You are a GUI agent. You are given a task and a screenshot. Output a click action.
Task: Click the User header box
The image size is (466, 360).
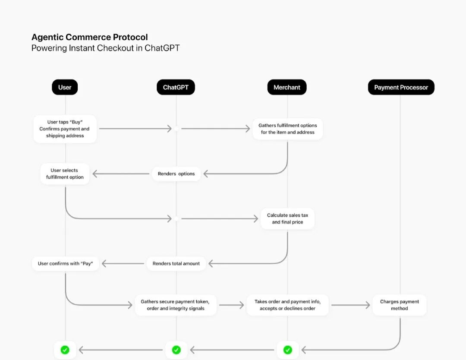pyautogui.click(x=65, y=87)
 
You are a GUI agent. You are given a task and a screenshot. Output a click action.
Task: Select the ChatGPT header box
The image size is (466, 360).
pyautogui.click(x=176, y=87)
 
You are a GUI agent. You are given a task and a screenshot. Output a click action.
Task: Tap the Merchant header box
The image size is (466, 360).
pyautogui.click(x=287, y=87)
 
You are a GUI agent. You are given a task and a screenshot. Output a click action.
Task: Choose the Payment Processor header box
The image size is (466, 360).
pyautogui.click(x=401, y=87)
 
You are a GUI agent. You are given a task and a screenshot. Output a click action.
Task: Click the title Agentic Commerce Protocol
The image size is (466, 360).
pyautogui.click(x=89, y=37)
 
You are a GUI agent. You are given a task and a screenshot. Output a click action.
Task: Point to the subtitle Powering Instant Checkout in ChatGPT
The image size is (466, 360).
pyautogui.click(x=106, y=48)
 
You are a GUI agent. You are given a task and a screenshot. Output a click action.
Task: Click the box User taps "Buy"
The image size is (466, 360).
pyautogui.click(x=65, y=129)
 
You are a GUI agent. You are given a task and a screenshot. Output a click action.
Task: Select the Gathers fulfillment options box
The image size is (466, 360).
pyautogui.click(x=287, y=129)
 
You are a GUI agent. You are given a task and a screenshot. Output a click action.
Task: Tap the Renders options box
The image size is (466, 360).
pyautogui.click(x=176, y=174)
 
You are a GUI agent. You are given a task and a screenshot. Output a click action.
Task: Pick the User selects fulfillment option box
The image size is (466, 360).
pyautogui.click(x=65, y=174)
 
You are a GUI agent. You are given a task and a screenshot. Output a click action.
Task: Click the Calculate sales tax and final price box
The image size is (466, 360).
pyautogui.click(x=287, y=218)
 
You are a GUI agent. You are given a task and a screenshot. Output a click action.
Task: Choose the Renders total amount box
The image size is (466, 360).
pyautogui.click(x=176, y=263)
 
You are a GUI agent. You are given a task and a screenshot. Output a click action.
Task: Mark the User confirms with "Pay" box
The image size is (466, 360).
pyautogui.click(x=66, y=263)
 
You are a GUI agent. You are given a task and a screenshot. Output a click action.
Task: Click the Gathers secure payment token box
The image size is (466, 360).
pyautogui.click(x=176, y=305)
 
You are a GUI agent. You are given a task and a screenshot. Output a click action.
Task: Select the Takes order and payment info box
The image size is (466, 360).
pyautogui.click(x=287, y=305)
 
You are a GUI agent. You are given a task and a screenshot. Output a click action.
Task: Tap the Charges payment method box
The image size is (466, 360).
pyautogui.click(x=400, y=305)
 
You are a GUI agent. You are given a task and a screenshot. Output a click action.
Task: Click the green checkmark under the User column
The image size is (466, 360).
pyautogui.click(x=65, y=350)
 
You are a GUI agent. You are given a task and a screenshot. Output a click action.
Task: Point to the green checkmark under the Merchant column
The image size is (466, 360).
pyautogui.click(x=287, y=350)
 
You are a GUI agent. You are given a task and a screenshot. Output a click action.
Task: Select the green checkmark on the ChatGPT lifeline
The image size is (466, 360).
pyautogui.click(x=176, y=350)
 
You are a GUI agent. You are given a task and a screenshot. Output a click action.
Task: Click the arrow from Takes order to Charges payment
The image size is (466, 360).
pyautogui.click(x=351, y=305)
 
